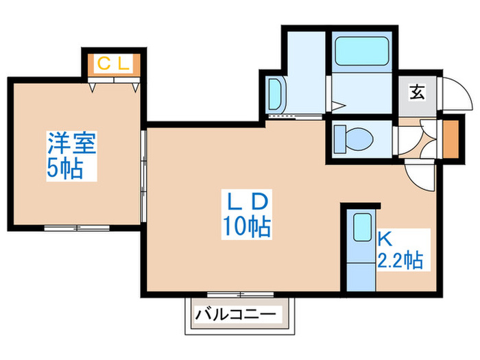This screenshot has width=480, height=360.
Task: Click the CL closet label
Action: (x=113, y=64)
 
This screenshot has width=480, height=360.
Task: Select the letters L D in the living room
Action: (x=246, y=201)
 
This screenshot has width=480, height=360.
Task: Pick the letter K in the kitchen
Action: (x=384, y=239)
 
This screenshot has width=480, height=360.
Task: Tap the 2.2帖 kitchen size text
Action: (x=400, y=261)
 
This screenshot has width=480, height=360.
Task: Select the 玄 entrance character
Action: (x=416, y=91)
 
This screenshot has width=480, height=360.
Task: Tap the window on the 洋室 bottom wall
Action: (x=76, y=227)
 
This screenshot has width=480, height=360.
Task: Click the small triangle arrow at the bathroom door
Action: (x=337, y=105)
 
